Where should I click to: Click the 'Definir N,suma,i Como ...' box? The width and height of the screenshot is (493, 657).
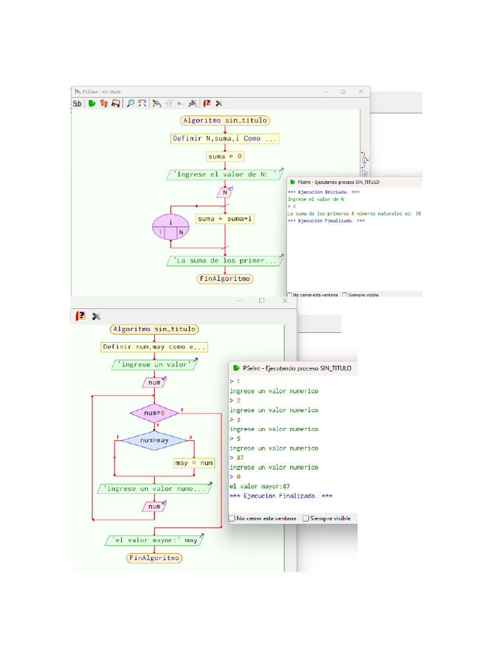225,139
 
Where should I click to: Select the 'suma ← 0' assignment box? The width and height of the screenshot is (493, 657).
225,157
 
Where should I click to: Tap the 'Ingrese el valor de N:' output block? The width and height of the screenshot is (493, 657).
225,174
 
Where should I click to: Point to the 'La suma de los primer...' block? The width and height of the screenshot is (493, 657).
225,261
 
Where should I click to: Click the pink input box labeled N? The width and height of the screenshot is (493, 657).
225,192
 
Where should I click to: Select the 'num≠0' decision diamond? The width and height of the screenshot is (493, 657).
154,413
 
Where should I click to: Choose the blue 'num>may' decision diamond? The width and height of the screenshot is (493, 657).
154,440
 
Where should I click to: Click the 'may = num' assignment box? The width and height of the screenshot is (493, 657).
194,463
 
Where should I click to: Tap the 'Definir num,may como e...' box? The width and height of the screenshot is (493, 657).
154,347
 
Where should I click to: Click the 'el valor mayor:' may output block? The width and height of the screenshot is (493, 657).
154,540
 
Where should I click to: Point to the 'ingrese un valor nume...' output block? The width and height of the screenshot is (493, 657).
154,489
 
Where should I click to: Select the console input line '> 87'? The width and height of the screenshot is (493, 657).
236,458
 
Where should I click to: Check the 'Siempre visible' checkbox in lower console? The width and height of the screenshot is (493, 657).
306,518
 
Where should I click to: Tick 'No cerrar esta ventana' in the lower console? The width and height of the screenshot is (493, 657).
233,518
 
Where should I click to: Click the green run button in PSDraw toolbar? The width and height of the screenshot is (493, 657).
92,103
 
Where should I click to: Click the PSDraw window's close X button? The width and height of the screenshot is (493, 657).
360,92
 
